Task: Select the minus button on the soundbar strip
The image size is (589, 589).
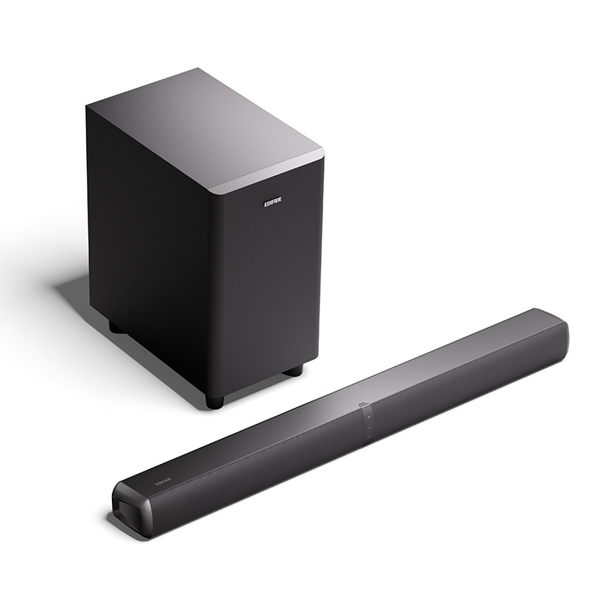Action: [370, 428]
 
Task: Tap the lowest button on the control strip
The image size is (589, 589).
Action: [369, 437]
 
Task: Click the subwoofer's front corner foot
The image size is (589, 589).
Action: [214, 402]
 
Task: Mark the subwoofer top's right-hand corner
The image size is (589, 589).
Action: [322, 154]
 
